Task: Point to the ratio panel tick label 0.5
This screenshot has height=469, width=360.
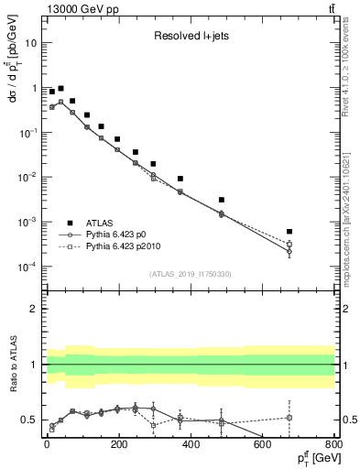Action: pyautogui.click(x=30, y=420)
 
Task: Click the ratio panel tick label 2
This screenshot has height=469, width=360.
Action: pyautogui.click(x=35, y=309)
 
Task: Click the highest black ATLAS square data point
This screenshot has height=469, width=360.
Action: pyautogui.click(x=60, y=89)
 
